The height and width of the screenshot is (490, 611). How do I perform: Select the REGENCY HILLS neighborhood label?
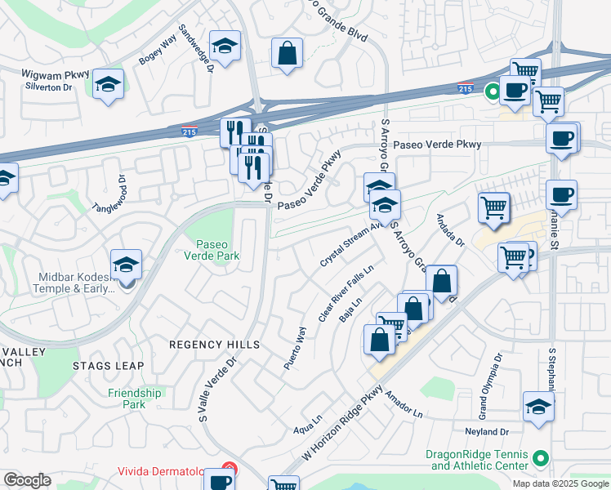(214, 345)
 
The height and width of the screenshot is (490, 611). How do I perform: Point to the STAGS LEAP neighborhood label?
(108, 366)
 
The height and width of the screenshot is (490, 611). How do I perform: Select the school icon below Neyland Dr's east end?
(539, 407)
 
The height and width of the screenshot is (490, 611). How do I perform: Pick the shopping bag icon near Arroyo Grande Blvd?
(288, 54)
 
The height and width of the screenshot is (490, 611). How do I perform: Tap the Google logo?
(27, 480)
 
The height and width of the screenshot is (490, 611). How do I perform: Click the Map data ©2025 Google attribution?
(560, 483)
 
